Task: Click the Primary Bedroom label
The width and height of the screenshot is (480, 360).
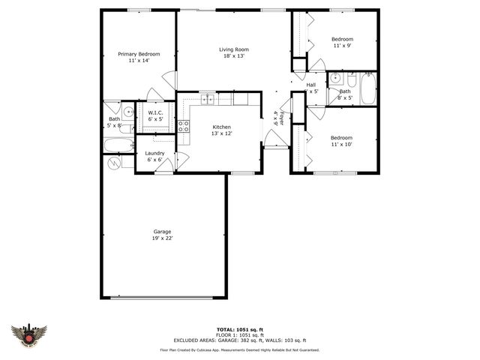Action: tap(139, 57)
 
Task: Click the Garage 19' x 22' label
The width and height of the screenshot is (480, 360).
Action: tap(163, 235)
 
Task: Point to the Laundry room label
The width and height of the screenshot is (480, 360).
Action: tap(154, 156)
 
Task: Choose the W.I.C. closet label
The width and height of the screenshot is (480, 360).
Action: tap(155, 115)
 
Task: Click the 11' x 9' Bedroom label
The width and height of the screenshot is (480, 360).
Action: tap(342, 42)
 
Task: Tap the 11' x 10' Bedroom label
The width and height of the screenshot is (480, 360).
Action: tap(342, 141)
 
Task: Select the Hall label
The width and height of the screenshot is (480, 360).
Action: tap(311, 88)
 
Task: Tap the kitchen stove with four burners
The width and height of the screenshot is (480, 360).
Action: tap(183, 125)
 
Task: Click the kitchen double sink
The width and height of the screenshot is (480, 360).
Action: tap(208, 99)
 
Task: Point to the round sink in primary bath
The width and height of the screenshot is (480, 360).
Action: tap(129, 112)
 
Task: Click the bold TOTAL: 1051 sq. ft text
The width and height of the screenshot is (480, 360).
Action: tap(239, 329)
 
